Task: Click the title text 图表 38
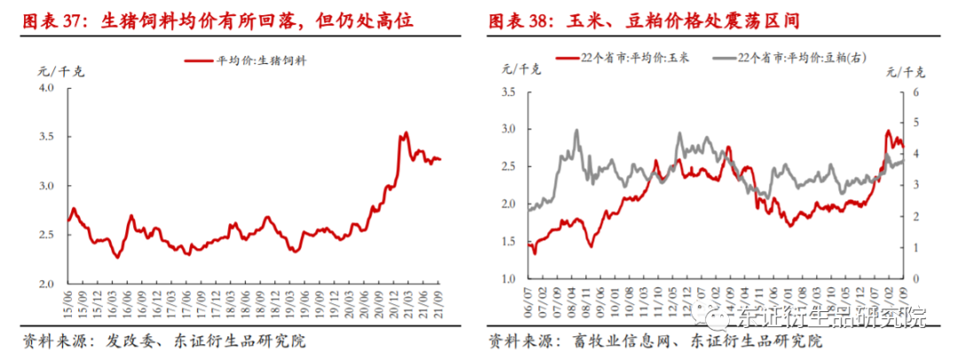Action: (x=523, y=19)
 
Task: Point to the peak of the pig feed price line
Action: (x=405, y=133)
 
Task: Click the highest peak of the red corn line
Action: (x=888, y=131)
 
